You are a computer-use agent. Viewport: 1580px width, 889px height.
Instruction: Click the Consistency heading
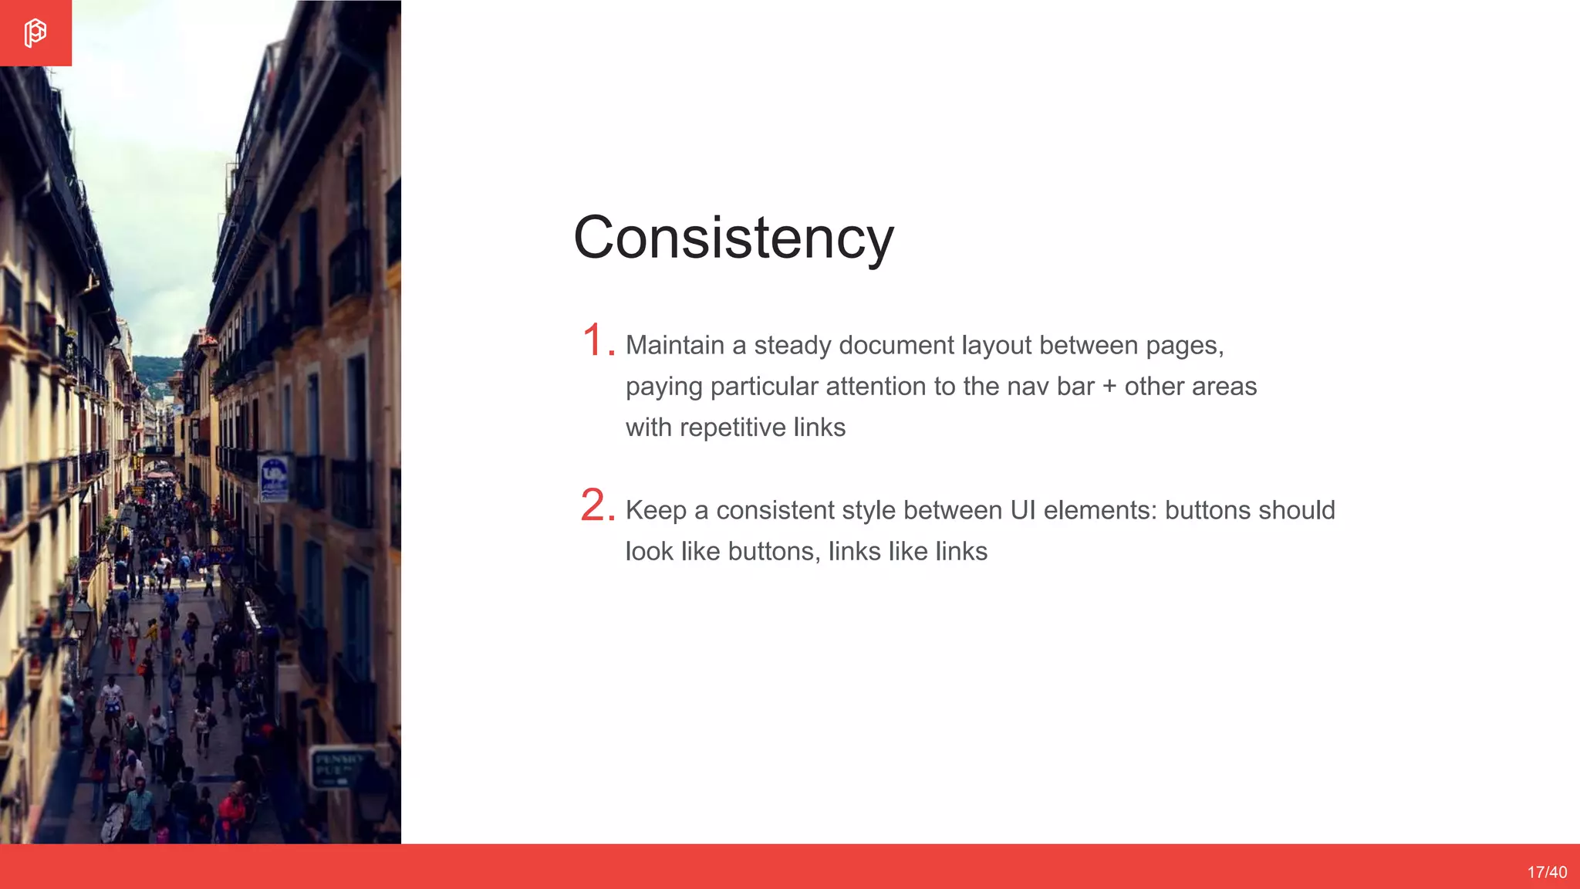click(734, 238)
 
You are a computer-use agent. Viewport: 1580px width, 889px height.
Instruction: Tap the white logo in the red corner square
click(35, 33)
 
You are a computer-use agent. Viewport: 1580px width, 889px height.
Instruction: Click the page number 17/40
click(1547, 872)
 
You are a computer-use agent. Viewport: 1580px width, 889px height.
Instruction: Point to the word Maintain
click(675, 345)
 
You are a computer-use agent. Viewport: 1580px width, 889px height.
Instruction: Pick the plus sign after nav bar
click(1109, 386)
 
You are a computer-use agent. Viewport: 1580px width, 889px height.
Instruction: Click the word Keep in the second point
click(656, 510)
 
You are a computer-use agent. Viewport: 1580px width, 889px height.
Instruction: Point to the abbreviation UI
click(1022, 510)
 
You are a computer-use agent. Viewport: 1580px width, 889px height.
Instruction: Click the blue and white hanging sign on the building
click(275, 478)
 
